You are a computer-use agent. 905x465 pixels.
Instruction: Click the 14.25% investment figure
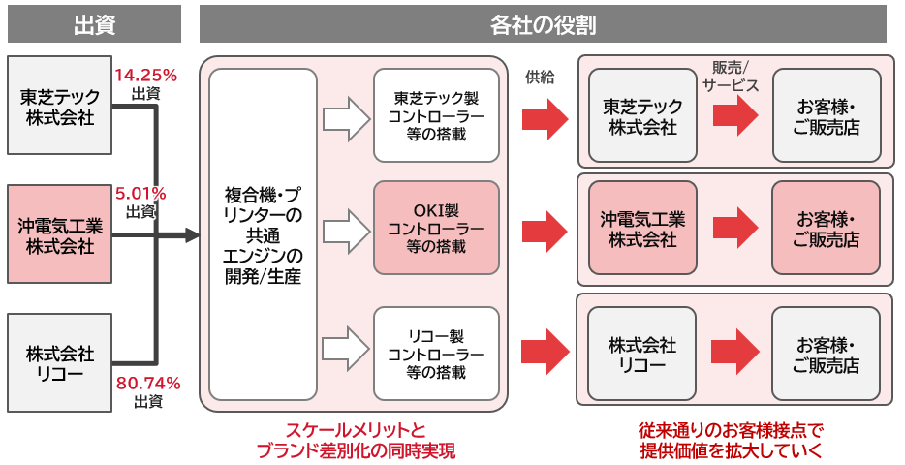click(x=146, y=75)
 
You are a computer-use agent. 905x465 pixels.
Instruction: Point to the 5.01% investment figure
click(x=141, y=193)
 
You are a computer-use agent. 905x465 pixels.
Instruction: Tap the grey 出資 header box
click(x=94, y=23)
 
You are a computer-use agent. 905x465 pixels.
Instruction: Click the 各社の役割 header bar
click(x=543, y=23)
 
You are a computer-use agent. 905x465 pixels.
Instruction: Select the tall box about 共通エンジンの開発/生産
click(x=263, y=233)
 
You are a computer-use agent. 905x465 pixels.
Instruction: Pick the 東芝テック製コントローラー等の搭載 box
click(x=436, y=115)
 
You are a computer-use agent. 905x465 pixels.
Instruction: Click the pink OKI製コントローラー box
click(x=436, y=229)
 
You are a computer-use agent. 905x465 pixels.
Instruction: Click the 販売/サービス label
click(x=735, y=75)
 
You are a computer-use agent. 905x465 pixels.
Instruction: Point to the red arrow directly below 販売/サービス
click(x=735, y=115)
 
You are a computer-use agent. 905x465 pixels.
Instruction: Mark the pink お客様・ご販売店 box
click(x=827, y=229)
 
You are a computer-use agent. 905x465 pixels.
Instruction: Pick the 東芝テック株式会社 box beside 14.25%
click(x=56, y=106)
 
